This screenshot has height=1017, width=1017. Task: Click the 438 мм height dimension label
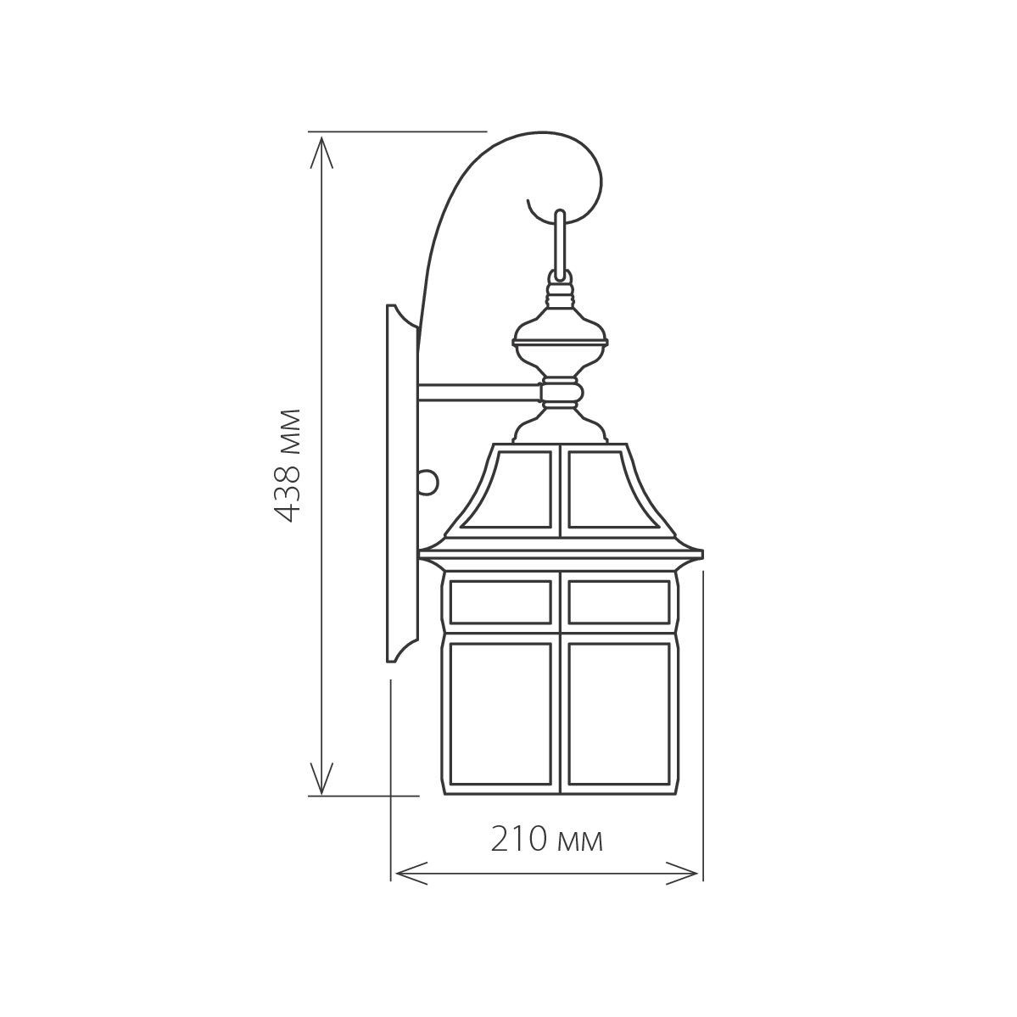point(286,465)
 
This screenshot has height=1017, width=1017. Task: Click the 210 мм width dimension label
point(547,839)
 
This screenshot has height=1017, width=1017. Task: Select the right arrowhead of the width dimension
point(682,873)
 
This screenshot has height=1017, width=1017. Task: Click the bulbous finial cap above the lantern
point(561,336)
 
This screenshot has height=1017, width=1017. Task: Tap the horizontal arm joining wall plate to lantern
point(481,392)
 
